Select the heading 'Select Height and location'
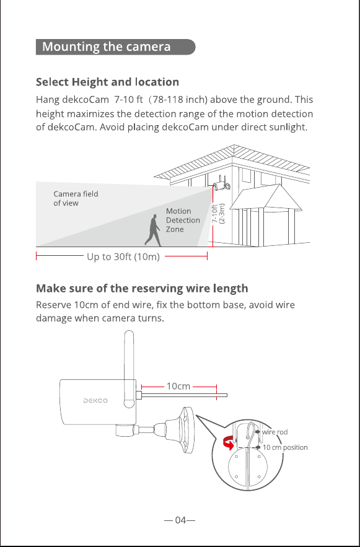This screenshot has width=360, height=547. tap(107, 82)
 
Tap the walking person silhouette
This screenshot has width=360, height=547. tap(153, 230)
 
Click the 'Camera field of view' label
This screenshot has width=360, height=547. tap(76, 198)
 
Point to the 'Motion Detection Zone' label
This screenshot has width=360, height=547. tap(183, 220)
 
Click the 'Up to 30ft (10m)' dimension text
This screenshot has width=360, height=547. tap(123, 256)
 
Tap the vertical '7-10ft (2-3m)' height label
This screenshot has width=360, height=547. tap(219, 214)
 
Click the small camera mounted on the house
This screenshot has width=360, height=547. tap(222, 184)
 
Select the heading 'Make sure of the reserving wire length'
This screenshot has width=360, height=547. tap(142, 289)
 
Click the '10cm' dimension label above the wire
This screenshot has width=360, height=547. tap(178, 386)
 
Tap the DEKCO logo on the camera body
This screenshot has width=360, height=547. tap(95, 400)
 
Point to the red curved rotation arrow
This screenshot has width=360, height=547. tap(229, 444)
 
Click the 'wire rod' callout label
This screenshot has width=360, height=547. tap(275, 432)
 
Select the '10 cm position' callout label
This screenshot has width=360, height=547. tap(285, 447)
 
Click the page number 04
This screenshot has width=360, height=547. tap(180, 520)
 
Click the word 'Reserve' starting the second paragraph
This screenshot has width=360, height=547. tap(54, 305)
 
